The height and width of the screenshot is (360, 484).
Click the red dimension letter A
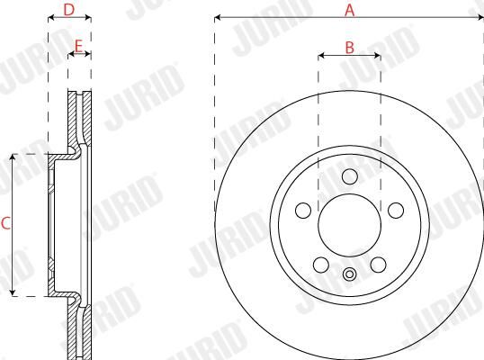(x=349, y=10)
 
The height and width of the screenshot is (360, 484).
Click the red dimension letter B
(x=349, y=48)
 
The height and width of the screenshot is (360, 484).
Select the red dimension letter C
(x=6, y=223)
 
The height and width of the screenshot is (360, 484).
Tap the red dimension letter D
(x=69, y=10)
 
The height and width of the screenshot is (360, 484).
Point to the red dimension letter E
(x=78, y=46)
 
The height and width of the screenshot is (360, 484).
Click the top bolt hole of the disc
(x=350, y=176)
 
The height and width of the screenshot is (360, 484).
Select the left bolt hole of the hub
(x=303, y=211)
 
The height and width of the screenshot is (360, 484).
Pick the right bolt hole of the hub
(x=396, y=211)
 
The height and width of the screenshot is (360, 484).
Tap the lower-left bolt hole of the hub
(x=321, y=265)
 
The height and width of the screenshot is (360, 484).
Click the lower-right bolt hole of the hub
(x=379, y=265)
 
